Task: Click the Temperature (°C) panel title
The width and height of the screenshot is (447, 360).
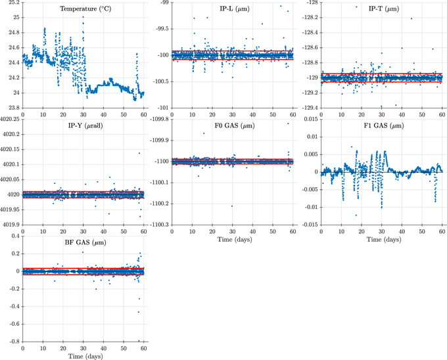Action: point(83,9)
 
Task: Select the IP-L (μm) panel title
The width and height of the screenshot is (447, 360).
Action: point(233,9)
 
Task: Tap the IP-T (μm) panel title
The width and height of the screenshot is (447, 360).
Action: point(382,9)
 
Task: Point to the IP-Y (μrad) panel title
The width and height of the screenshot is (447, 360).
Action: point(83,125)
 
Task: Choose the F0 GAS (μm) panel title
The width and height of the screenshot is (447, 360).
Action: point(233,125)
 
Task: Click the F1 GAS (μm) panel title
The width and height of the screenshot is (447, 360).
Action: point(382,125)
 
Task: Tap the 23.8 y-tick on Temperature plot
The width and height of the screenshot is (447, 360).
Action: point(12,107)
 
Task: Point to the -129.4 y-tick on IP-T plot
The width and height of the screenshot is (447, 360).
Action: point(307,107)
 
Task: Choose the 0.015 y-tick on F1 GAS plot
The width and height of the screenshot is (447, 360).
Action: point(310,120)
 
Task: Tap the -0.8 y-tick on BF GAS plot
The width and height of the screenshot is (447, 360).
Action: point(14,341)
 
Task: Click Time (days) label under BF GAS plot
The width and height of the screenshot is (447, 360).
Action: point(83,355)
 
